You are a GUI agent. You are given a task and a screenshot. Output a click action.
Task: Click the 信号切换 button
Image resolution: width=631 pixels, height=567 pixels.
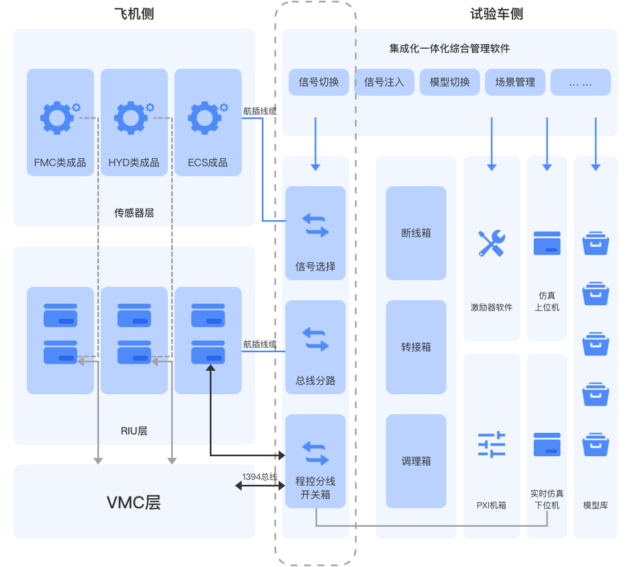[x=319, y=82]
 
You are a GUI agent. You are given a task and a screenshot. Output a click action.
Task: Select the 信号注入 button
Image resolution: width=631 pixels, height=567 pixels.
[x=384, y=82]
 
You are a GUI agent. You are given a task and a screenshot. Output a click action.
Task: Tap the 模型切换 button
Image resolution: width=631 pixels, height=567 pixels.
[x=449, y=82]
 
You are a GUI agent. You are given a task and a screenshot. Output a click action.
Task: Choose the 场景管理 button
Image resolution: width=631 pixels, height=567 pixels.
[x=515, y=82]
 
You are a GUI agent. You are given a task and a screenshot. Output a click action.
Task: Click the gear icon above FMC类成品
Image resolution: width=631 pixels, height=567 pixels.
[x=58, y=118]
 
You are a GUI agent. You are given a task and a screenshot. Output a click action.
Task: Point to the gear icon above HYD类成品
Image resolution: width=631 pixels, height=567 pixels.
[x=131, y=118]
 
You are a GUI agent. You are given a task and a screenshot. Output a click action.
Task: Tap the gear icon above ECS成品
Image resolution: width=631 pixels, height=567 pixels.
[x=205, y=118]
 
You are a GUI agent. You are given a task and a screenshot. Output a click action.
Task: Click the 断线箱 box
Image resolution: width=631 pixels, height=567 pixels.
[x=416, y=233]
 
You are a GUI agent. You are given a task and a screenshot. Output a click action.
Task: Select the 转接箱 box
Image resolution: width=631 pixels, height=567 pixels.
[x=416, y=347]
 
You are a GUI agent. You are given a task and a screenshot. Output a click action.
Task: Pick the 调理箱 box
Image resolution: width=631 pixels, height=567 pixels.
[x=416, y=461]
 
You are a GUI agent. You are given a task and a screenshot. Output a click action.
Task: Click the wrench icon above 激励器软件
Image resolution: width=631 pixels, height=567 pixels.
[x=492, y=243]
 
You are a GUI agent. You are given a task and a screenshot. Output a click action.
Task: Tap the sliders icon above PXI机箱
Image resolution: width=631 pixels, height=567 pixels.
[x=492, y=445]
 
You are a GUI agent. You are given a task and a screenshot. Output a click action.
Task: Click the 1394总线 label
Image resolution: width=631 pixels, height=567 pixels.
[x=260, y=477]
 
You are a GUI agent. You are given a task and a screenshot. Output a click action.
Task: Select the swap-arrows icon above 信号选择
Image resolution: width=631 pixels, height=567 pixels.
[x=315, y=225]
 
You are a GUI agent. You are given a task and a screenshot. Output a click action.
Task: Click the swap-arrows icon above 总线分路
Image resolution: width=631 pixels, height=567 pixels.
[x=315, y=339]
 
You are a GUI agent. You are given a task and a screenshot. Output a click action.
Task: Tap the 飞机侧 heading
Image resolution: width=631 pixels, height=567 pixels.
[x=134, y=13]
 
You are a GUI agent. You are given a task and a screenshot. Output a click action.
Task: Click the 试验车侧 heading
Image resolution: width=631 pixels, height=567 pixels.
[x=497, y=13]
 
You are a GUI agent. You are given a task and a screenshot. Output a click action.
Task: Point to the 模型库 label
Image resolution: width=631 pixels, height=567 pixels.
[x=595, y=505]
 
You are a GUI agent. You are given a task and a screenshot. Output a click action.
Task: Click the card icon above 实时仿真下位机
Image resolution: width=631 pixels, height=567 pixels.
[x=547, y=445]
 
